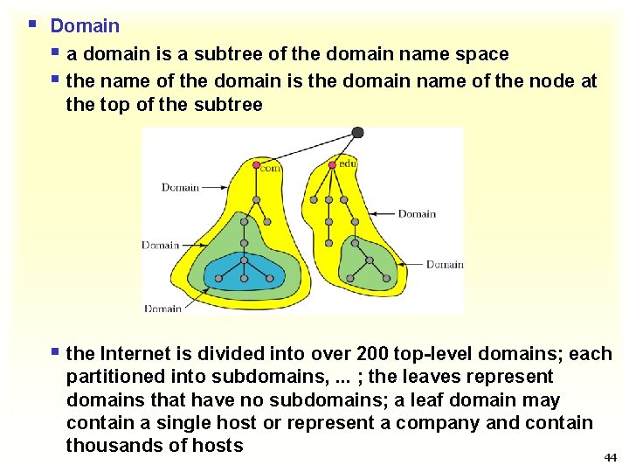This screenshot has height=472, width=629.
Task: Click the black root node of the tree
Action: click(357, 133)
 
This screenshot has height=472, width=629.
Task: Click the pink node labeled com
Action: click(256, 164)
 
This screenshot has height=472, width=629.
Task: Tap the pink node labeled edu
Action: click(331, 164)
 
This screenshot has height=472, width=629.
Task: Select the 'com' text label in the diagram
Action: click(271, 167)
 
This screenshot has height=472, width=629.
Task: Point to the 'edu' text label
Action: click(348, 163)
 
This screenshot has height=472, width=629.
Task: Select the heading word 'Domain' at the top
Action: click(85, 26)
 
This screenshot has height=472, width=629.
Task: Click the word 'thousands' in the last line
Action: click(109, 446)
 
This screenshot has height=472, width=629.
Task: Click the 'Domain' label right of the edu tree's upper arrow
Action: click(417, 214)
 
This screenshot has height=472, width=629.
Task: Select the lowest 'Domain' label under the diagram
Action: click(162, 308)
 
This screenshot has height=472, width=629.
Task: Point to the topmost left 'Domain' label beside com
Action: click(181, 187)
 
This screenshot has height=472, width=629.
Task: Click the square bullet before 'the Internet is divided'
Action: click(56, 353)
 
